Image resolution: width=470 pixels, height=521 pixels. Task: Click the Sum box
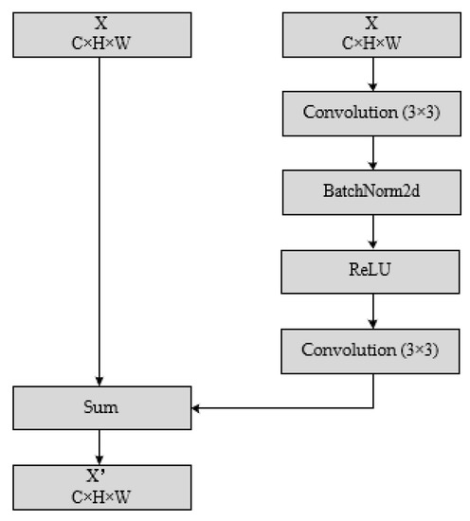click(99, 408)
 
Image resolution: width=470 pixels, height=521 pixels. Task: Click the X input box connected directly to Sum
click(99, 33)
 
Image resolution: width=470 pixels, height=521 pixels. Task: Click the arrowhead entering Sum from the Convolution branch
click(196, 408)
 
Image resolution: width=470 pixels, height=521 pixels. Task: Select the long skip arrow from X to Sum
click(99, 218)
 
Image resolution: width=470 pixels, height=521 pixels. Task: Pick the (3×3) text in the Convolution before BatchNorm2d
click(419, 114)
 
